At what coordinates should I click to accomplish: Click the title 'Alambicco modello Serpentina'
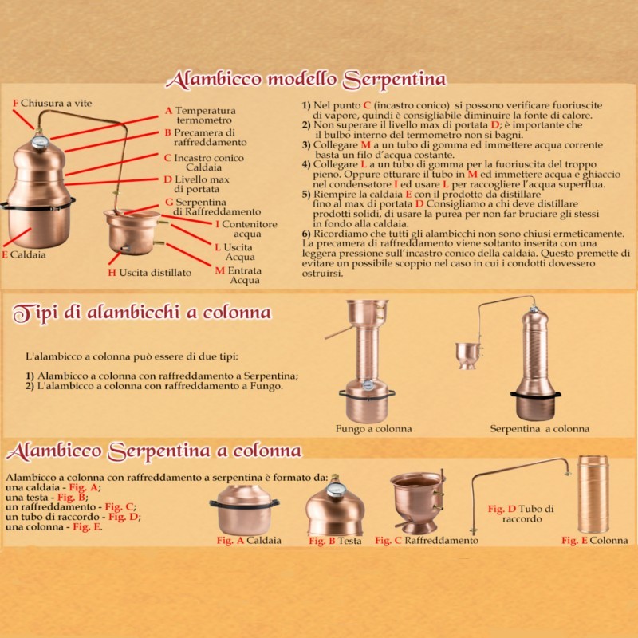(x=305, y=79)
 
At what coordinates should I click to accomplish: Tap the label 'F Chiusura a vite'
(x=52, y=104)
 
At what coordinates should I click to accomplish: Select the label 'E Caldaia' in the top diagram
(x=24, y=255)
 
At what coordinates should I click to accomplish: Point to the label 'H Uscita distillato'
(x=149, y=273)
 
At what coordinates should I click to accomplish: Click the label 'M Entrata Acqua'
(x=238, y=275)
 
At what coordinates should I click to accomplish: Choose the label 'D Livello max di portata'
(x=196, y=184)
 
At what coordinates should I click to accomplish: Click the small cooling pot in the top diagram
(x=132, y=232)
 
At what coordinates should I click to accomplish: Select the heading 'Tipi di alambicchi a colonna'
(x=142, y=313)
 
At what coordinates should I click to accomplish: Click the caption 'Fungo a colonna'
(x=373, y=429)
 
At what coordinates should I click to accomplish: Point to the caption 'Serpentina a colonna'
(x=540, y=429)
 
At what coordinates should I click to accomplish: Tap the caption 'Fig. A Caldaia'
(x=249, y=541)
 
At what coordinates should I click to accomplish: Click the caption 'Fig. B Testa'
(x=335, y=541)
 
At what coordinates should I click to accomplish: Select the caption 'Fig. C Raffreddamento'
(x=427, y=541)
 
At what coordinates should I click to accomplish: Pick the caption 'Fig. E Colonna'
(x=594, y=541)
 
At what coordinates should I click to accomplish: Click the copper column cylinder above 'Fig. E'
(x=593, y=494)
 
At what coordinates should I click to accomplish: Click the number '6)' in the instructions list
(x=306, y=234)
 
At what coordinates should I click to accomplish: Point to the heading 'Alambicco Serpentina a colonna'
(x=154, y=451)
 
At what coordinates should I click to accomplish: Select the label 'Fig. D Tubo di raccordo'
(x=521, y=514)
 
